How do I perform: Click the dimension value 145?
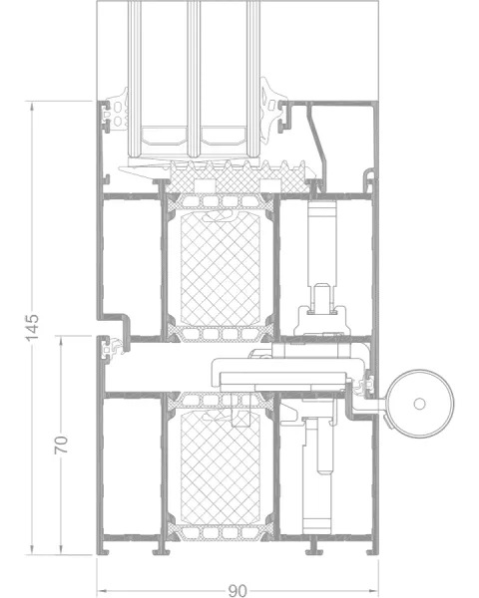32,327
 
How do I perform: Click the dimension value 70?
61,445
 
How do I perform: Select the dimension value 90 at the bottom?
238,591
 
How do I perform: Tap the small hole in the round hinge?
419,404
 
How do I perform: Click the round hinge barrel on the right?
420,404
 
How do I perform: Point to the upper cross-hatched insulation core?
221,269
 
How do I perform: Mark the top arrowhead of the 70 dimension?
61,341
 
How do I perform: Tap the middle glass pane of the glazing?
194,78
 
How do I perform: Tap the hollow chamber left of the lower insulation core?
131,466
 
